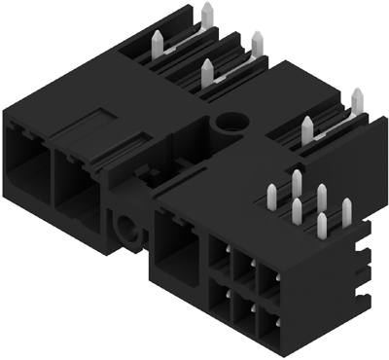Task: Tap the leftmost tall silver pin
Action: [x=157, y=41]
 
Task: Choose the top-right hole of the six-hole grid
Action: [x=269, y=273]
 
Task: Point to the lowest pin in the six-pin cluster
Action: [x=321, y=225]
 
